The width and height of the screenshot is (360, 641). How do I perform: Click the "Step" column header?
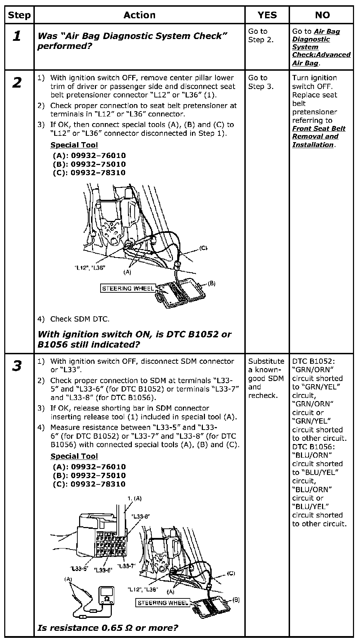[19, 15]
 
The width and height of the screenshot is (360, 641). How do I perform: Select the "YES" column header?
[267, 15]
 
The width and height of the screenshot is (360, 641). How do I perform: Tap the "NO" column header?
[322, 15]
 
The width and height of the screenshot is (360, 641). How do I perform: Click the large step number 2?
[17, 83]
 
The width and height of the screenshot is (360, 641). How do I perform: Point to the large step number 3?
[17, 366]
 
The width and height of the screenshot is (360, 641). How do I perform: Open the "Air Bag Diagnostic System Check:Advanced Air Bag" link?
[321, 47]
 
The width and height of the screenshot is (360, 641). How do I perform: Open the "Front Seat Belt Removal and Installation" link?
[319, 137]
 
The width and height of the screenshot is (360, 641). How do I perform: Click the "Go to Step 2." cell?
[261, 36]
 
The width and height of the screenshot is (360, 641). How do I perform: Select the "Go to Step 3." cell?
[261, 82]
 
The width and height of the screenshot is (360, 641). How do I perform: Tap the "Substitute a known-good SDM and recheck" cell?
[266, 378]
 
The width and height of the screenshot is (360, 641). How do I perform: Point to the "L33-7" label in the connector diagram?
[126, 566]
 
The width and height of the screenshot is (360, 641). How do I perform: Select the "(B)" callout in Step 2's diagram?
[211, 283]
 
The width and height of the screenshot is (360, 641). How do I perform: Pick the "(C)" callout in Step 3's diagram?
[231, 573]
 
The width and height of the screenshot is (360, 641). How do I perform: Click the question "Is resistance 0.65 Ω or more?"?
[108, 628]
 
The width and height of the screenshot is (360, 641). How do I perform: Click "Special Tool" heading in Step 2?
[74, 145]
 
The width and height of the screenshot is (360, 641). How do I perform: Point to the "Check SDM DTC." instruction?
[80, 319]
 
